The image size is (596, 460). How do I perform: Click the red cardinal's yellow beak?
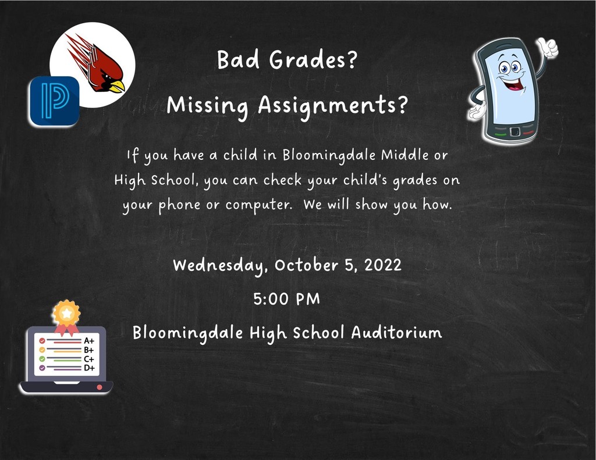117,86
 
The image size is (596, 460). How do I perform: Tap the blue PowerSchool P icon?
54,101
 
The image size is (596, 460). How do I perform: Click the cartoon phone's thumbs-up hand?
548,48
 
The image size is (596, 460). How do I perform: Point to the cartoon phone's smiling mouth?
513,84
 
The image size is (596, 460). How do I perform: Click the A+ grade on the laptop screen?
89,341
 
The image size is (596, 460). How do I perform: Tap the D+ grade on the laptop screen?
89,368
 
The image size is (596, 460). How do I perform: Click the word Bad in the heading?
238,60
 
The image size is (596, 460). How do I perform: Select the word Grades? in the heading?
313,60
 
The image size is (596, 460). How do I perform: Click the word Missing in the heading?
208,106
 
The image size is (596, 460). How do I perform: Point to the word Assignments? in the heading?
333,106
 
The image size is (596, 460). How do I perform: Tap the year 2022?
383,265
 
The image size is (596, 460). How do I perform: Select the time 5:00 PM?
286,299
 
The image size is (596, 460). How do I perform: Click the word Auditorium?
396,333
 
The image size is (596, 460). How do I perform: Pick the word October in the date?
306,265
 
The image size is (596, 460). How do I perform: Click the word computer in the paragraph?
258,205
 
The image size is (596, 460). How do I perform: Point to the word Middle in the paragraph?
405,155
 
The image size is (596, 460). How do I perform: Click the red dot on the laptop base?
100,387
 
